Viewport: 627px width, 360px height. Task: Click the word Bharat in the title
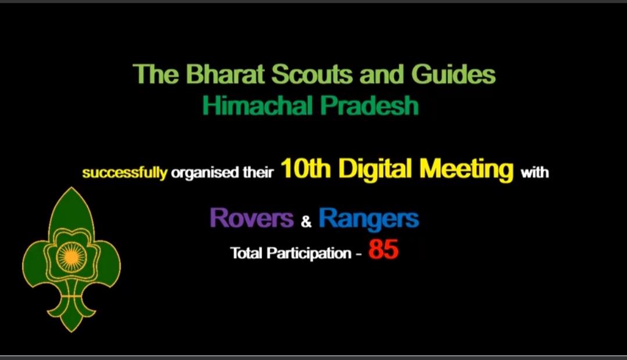pyautogui.click(x=218, y=75)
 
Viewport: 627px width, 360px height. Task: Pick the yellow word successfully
pyautogui.click(x=124, y=173)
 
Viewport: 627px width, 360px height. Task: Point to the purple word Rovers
pyautogui.click(x=252, y=218)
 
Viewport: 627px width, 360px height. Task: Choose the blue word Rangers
pyautogui.click(x=368, y=218)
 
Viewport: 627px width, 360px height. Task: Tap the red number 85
pyautogui.click(x=384, y=250)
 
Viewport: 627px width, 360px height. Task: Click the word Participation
pyautogui.click(x=309, y=254)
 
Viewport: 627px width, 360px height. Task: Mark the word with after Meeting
pyautogui.click(x=535, y=172)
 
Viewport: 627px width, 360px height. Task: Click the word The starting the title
pyautogui.click(x=152, y=75)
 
